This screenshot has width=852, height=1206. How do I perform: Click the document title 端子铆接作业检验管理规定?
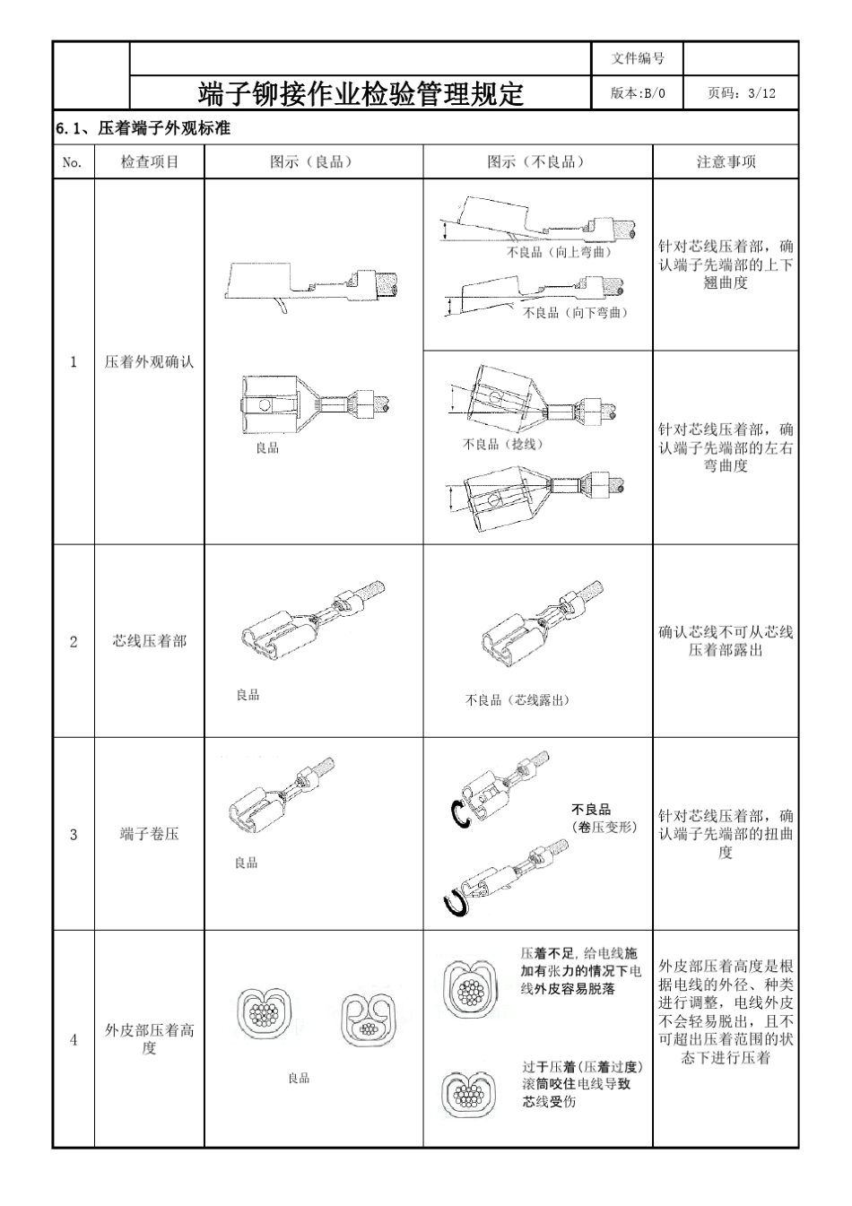point(361,93)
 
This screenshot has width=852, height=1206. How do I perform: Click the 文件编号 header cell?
point(638,58)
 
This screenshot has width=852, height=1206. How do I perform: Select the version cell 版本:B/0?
point(638,93)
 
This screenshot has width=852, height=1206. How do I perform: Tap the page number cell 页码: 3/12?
point(741,93)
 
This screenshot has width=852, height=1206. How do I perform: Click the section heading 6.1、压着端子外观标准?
point(143,128)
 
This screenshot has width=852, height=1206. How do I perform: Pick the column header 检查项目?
point(150,162)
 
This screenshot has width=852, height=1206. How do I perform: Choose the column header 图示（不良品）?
point(536,162)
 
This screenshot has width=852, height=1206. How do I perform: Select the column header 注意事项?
point(726,162)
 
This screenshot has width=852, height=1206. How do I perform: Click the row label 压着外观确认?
point(150,362)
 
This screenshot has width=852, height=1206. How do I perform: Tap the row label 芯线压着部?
point(150,641)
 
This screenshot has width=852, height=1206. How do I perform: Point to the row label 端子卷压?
point(150,834)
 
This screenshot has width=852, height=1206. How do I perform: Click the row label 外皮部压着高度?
point(150,1039)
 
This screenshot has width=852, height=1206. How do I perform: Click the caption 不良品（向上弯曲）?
point(560,252)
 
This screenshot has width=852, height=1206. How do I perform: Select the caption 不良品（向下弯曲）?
point(575,312)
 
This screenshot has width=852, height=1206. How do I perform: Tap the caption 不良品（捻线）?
point(502,444)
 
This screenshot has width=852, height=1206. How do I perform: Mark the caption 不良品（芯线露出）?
point(517,700)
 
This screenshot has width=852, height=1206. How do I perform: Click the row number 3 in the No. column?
point(74,834)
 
